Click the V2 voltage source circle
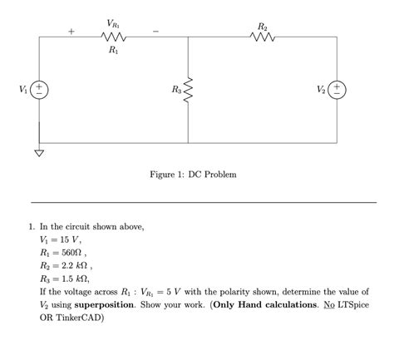click(x=337, y=89)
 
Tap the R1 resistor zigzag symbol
click(x=112, y=37)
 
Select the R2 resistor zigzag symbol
click(x=263, y=37)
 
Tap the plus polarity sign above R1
click(x=71, y=32)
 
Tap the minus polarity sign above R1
click(x=155, y=32)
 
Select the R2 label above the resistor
click(x=263, y=26)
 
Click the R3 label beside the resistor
click(x=175, y=89)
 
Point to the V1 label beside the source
click(x=22, y=89)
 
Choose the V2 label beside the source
click(x=320, y=89)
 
